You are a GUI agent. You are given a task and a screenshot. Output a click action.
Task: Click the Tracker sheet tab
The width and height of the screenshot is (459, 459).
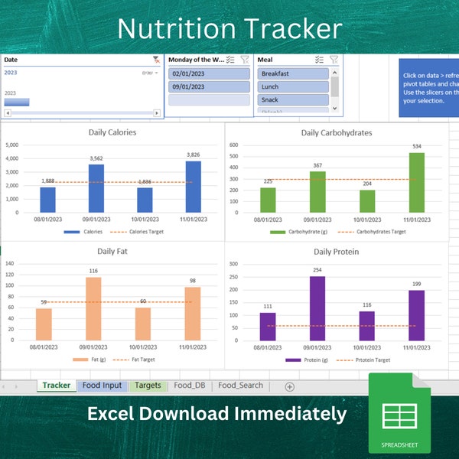57,386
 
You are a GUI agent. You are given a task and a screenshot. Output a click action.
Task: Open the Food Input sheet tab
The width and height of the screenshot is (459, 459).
102,386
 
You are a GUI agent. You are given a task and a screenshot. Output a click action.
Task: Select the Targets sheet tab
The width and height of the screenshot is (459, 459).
148,386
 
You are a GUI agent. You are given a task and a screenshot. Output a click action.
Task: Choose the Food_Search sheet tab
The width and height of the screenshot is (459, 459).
240,386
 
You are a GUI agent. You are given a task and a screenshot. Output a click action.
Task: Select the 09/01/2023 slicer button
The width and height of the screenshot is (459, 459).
209,87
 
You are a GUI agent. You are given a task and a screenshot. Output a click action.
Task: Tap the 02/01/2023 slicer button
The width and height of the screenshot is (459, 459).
209,74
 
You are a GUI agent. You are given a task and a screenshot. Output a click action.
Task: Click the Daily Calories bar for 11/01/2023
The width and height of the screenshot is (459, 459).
193,187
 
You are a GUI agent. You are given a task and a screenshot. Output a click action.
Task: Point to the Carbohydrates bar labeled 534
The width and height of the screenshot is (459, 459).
418,183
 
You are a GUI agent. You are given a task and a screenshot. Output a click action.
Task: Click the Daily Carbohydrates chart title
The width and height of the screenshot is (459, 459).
337,132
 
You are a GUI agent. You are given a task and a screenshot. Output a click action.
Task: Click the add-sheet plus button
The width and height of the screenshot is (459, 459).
289,386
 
